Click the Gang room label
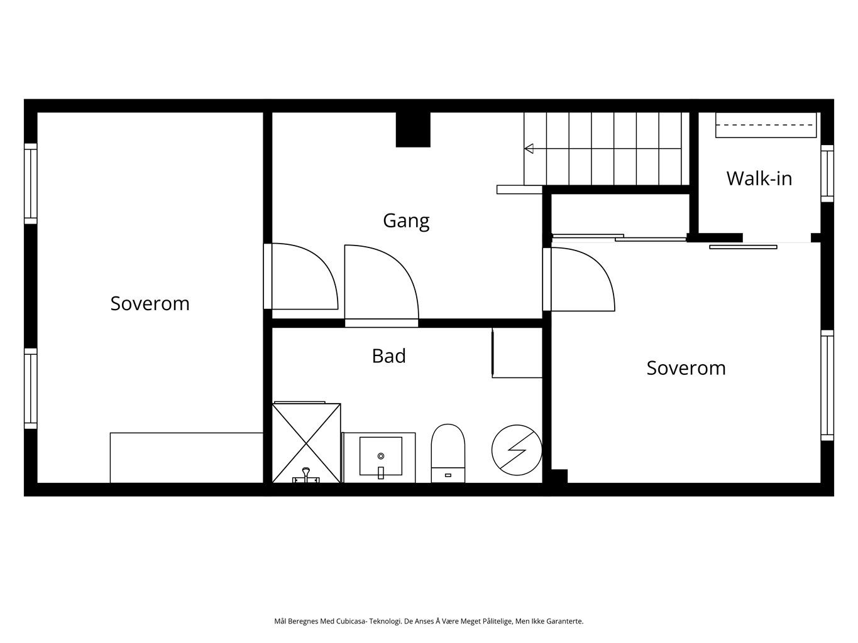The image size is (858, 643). [406, 222]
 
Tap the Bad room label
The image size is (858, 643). [388, 355]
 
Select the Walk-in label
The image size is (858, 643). [759, 178]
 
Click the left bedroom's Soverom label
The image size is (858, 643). [150, 303]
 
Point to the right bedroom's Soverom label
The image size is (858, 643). [686, 368]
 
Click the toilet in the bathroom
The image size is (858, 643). [448, 453]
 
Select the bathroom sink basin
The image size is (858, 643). [381, 457]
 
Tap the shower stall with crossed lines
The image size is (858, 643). [307, 443]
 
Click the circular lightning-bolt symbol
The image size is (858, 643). [517, 450]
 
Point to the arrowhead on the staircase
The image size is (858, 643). [529, 149]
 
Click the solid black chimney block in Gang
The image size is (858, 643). [413, 129]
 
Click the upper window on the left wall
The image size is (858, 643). [31, 184]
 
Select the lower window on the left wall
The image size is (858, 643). [31, 389]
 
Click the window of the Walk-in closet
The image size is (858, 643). [827, 174]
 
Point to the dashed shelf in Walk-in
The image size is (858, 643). [766, 126]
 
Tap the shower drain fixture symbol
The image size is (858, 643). [306, 475]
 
